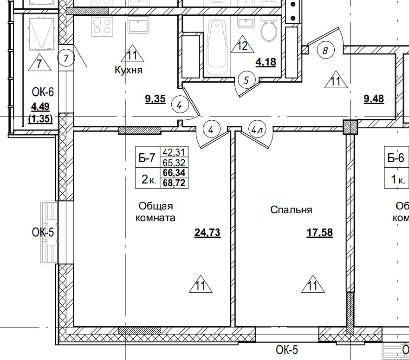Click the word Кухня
pos(128,71)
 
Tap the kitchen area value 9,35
pos(155,99)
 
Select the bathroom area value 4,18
pos(266,61)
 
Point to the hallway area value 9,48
pos(373,98)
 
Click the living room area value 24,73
pos(207,232)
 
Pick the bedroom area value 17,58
pos(319,232)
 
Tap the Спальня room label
pos(291,210)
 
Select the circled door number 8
pos(325,51)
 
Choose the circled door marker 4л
pos(257,130)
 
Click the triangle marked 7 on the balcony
pos(39,63)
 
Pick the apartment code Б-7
pos(147,158)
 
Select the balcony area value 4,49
pos(41,107)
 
